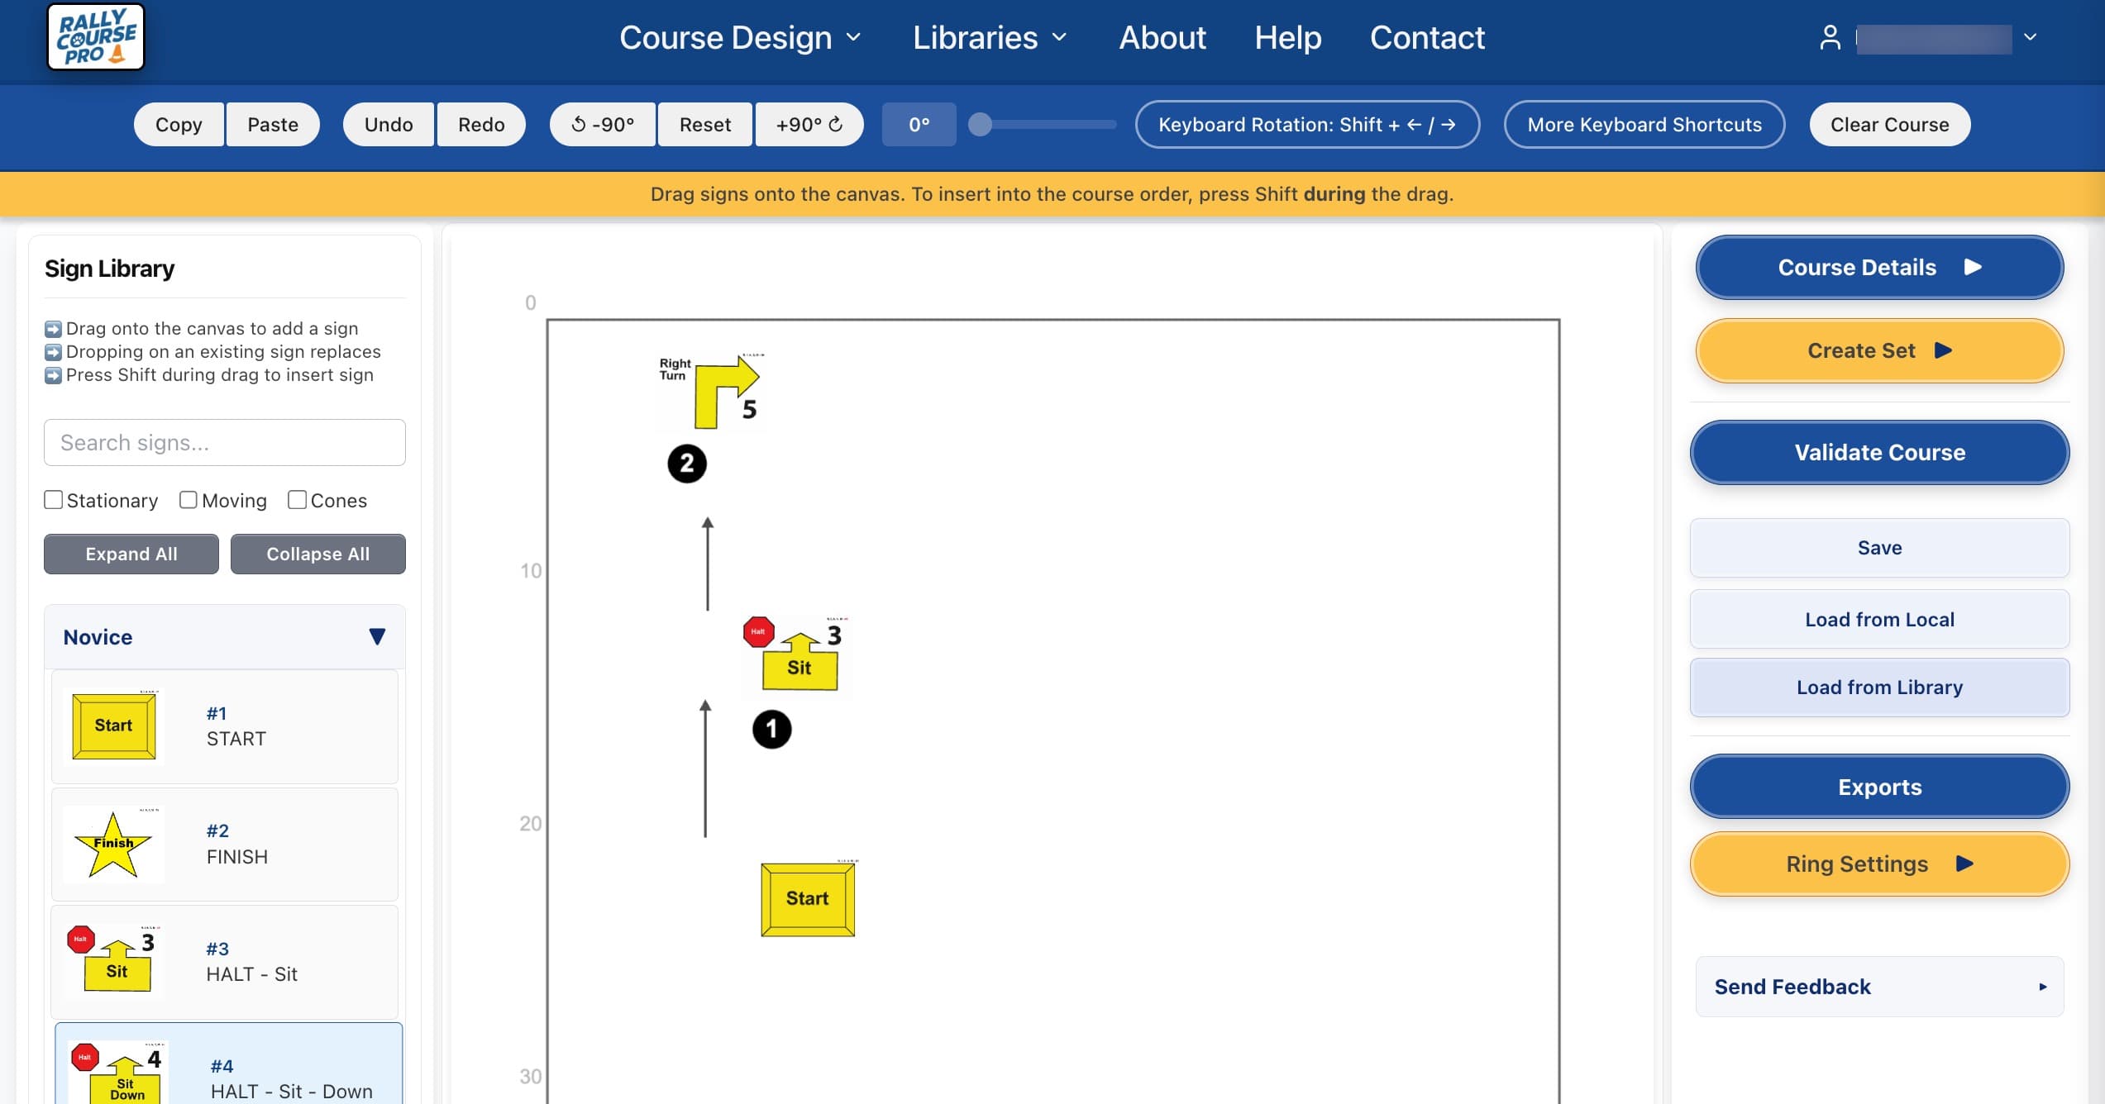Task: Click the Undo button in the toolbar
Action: (389, 125)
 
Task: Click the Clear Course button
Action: (1889, 125)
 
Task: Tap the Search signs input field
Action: (225, 443)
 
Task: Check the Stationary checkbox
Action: (54, 500)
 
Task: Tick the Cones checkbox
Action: (297, 500)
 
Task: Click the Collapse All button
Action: (317, 554)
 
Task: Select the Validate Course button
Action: (1879, 453)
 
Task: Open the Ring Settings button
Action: (1879, 864)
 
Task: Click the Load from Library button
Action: (1879, 688)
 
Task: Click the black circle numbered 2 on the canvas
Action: (687, 464)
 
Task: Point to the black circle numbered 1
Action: (771, 730)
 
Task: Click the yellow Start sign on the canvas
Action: (808, 899)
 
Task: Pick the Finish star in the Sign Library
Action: (113, 844)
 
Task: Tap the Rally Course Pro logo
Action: (96, 37)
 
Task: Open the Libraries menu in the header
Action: (990, 38)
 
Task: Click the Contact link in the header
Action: (1427, 38)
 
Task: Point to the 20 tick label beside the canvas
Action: (530, 824)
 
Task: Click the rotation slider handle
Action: (980, 125)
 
